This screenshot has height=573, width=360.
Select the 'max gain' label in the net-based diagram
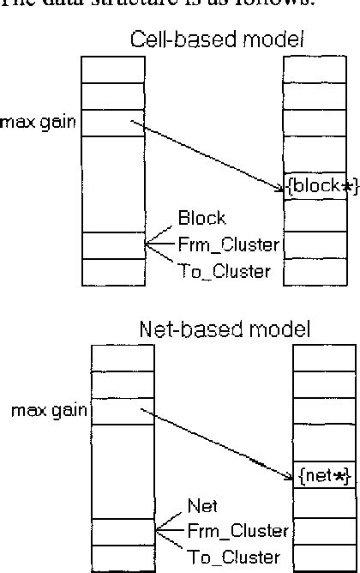[x=49, y=410]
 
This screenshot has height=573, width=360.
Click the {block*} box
[x=320, y=186]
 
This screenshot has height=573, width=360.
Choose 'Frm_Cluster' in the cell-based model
[x=229, y=244]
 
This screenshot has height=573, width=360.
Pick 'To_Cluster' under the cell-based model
[x=225, y=272]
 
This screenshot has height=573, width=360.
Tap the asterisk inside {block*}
[x=345, y=186]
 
